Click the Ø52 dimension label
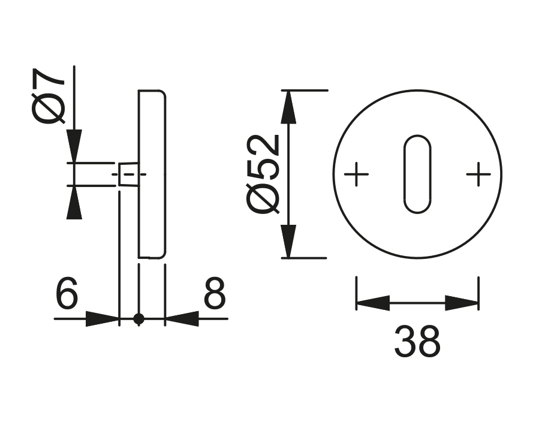[264, 173]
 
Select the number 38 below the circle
[417, 342]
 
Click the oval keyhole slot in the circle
[417, 174]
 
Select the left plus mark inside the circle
[357, 174]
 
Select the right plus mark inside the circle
[478, 174]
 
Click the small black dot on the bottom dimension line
[139, 319]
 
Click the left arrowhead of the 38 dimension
[373, 303]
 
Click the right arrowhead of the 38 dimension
[462, 303]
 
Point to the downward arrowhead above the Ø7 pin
[74, 146]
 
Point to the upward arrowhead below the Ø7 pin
[74, 203]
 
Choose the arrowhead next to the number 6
[103, 319]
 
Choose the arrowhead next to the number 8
[182, 319]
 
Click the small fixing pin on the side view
[128, 174]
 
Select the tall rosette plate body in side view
[152, 174]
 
